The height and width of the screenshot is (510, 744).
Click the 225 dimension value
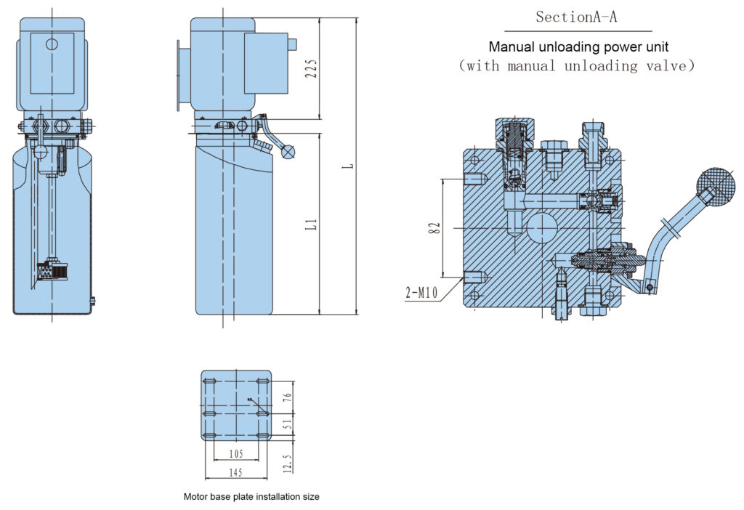(311, 68)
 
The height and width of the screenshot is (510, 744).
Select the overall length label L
(349, 166)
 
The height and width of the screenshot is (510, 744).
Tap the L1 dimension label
(311, 224)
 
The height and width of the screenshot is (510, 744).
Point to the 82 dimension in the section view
(434, 227)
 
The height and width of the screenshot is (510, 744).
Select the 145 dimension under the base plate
(237, 473)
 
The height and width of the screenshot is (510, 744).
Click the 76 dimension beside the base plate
(287, 397)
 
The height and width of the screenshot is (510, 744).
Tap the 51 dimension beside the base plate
(287, 424)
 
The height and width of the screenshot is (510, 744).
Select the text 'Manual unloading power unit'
(578, 47)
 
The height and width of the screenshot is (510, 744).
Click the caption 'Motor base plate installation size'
(251, 497)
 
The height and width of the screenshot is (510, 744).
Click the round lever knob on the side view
(288, 153)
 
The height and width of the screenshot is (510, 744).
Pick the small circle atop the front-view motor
(52, 44)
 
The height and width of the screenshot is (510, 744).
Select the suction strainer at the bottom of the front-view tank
(50, 270)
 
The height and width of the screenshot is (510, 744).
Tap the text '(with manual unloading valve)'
(577, 66)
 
